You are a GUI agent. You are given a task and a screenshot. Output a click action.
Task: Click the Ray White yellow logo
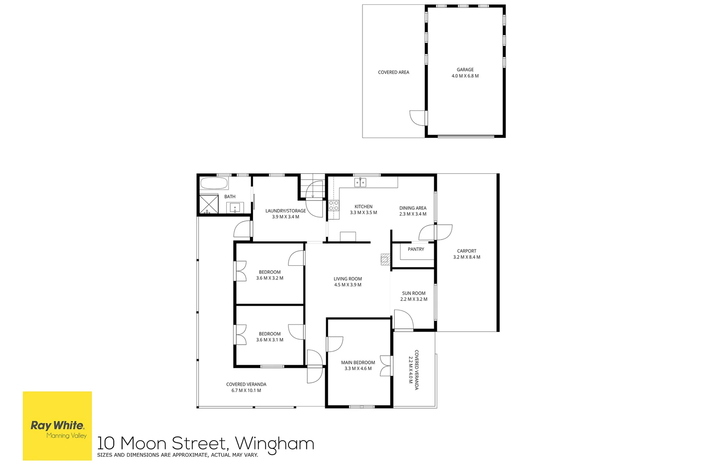pyautogui.click(x=57, y=426)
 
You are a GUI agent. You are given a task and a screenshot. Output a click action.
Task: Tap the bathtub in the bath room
pyautogui.click(x=214, y=183)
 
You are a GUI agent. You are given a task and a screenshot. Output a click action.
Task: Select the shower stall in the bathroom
pyautogui.click(x=209, y=205)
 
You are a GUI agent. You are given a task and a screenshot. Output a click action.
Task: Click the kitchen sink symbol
pyautogui.click(x=360, y=182)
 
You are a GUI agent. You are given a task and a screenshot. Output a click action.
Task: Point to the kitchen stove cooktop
pyautogui.click(x=334, y=205)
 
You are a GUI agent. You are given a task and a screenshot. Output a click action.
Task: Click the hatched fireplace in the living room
pyautogui.click(x=385, y=259)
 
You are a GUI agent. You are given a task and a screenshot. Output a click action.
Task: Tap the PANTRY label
pyautogui.click(x=415, y=249)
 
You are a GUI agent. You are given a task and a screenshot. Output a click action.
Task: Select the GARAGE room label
pyautogui.click(x=465, y=70)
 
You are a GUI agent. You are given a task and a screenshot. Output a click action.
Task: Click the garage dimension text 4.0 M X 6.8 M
pyautogui.click(x=465, y=76)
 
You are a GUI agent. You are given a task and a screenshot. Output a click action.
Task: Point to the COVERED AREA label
pyautogui.click(x=394, y=72)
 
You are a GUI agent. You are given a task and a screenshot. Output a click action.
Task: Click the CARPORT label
pyautogui.click(x=467, y=251)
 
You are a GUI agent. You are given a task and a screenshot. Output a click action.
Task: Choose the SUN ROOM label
pyautogui.click(x=414, y=293)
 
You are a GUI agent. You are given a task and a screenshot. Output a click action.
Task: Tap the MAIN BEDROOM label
pyautogui.click(x=358, y=363)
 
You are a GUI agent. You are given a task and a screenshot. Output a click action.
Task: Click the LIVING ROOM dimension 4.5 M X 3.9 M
pyautogui.click(x=348, y=285)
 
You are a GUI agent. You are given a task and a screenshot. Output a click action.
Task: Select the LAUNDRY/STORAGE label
pyautogui.click(x=285, y=211)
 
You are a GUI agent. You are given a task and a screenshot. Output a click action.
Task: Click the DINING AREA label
pyautogui.click(x=413, y=208)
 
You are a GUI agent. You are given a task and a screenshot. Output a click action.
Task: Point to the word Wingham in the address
pyautogui.click(x=274, y=444)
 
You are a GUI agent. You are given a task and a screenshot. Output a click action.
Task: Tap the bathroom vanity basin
pyautogui.click(x=235, y=208)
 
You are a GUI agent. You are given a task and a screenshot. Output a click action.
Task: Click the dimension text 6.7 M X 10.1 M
pyautogui.click(x=246, y=391)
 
